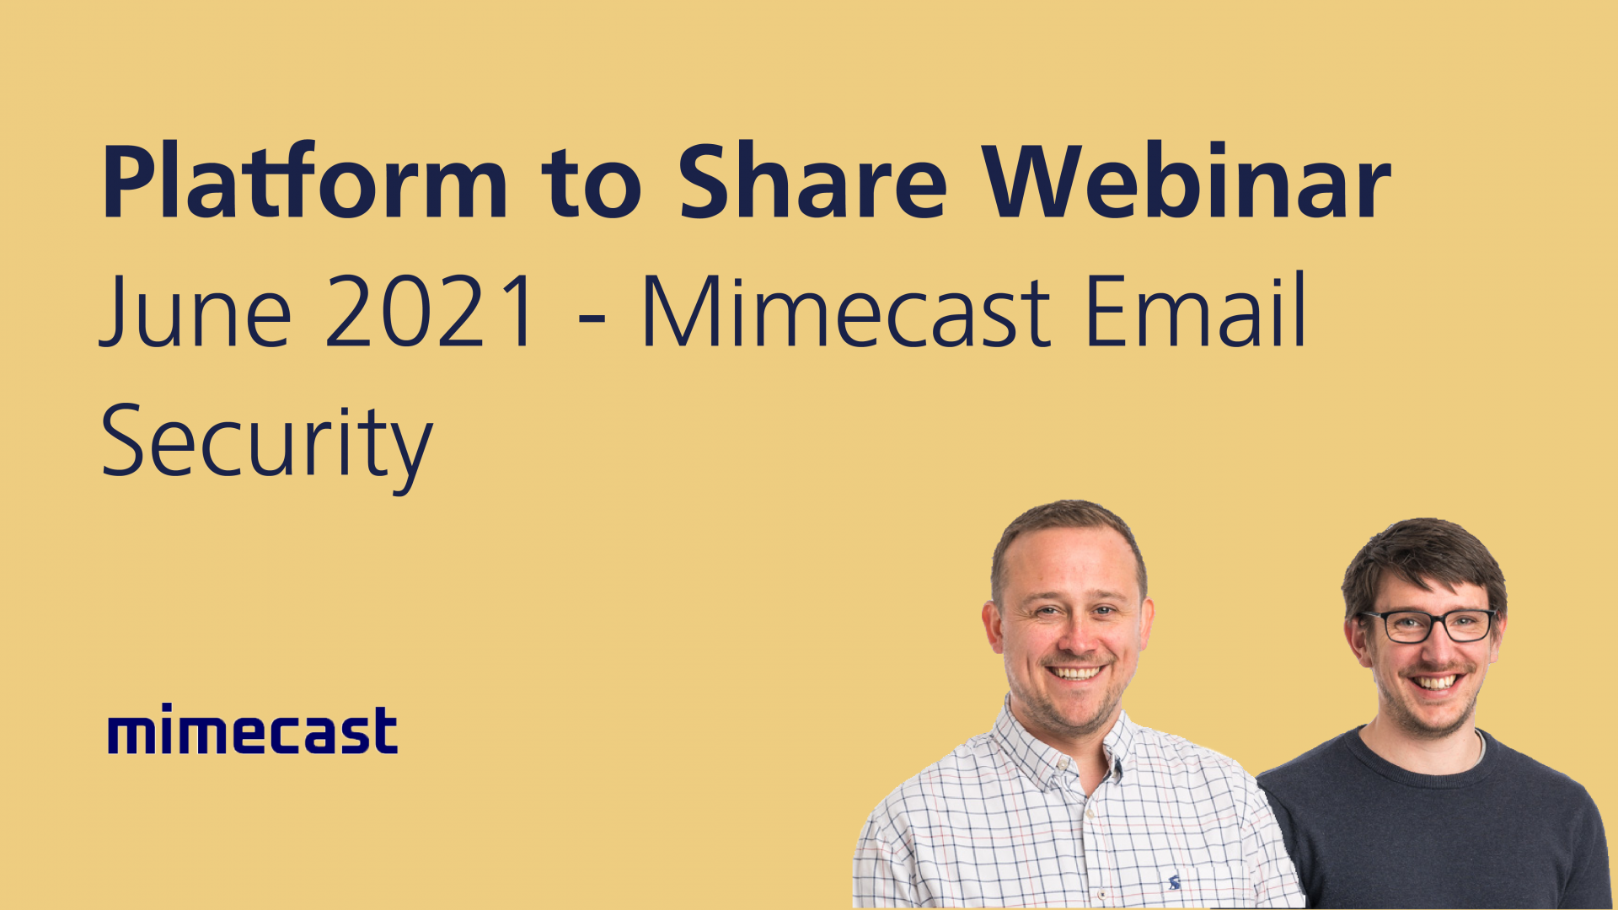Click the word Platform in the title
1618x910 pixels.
pyautogui.click(x=303, y=181)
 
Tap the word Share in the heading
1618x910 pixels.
pyautogui.click(x=812, y=181)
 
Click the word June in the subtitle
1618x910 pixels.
pyautogui.click(x=196, y=312)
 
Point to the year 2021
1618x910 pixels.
pyautogui.click(x=430, y=312)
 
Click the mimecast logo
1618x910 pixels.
pyautogui.click(x=252, y=730)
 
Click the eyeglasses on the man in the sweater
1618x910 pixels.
pyautogui.click(x=1429, y=625)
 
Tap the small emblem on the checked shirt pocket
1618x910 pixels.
pyautogui.click(x=1174, y=882)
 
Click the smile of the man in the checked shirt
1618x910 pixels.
pyautogui.click(x=1075, y=672)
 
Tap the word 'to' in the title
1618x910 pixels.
pyautogui.click(x=591, y=181)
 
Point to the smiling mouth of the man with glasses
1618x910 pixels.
pyautogui.click(x=1434, y=681)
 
